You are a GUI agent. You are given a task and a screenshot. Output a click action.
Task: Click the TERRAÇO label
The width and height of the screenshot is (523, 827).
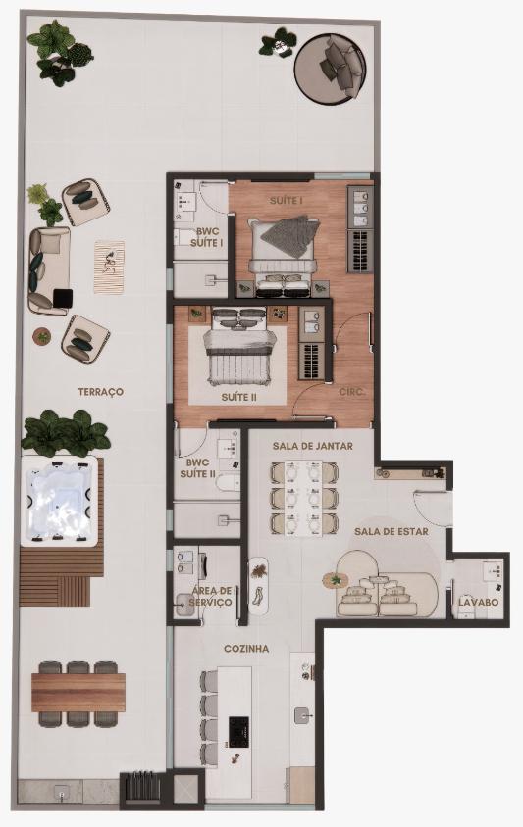point(101,392)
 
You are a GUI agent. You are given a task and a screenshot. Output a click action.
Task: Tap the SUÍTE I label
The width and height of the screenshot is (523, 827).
point(286,201)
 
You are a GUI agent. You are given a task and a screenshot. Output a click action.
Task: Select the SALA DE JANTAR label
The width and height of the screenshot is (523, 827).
point(313,446)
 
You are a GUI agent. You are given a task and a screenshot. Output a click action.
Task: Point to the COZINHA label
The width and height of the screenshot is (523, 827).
point(246,649)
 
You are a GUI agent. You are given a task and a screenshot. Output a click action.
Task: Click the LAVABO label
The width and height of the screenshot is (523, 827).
point(479,602)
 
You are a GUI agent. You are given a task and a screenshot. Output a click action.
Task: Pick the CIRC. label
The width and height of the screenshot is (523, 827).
point(352,392)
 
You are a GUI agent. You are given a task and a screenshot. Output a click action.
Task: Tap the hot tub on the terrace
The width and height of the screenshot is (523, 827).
point(60,501)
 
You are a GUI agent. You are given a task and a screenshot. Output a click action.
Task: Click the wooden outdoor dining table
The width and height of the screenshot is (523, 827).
point(78,692)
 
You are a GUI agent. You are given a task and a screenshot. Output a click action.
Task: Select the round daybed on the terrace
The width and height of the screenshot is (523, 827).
point(330,66)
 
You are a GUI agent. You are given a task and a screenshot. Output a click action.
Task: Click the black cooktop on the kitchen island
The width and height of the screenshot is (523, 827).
point(238,732)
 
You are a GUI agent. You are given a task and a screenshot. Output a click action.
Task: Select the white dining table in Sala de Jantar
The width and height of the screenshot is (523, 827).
point(303,498)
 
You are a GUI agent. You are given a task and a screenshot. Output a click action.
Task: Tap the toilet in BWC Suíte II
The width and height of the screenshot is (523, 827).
point(228,483)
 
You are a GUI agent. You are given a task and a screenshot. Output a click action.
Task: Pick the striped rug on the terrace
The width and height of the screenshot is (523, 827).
point(109,267)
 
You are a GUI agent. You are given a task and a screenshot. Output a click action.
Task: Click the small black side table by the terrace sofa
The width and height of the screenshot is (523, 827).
point(63,299)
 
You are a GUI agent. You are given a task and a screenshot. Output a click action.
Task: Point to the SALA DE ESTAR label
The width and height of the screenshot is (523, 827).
point(392,532)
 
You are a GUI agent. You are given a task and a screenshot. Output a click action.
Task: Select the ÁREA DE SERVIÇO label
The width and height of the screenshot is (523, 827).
point(211,597)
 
